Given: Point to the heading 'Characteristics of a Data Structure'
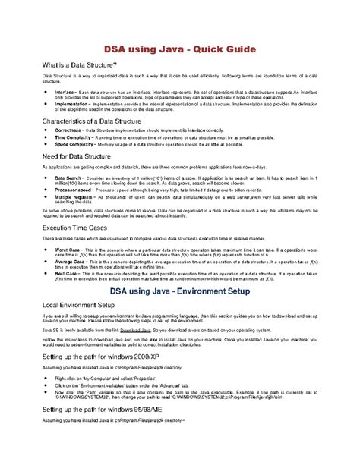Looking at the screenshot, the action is pos(96,121).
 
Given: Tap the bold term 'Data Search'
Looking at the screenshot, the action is pos(70,176).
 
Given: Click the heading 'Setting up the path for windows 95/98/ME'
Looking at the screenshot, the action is pos(110,431).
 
